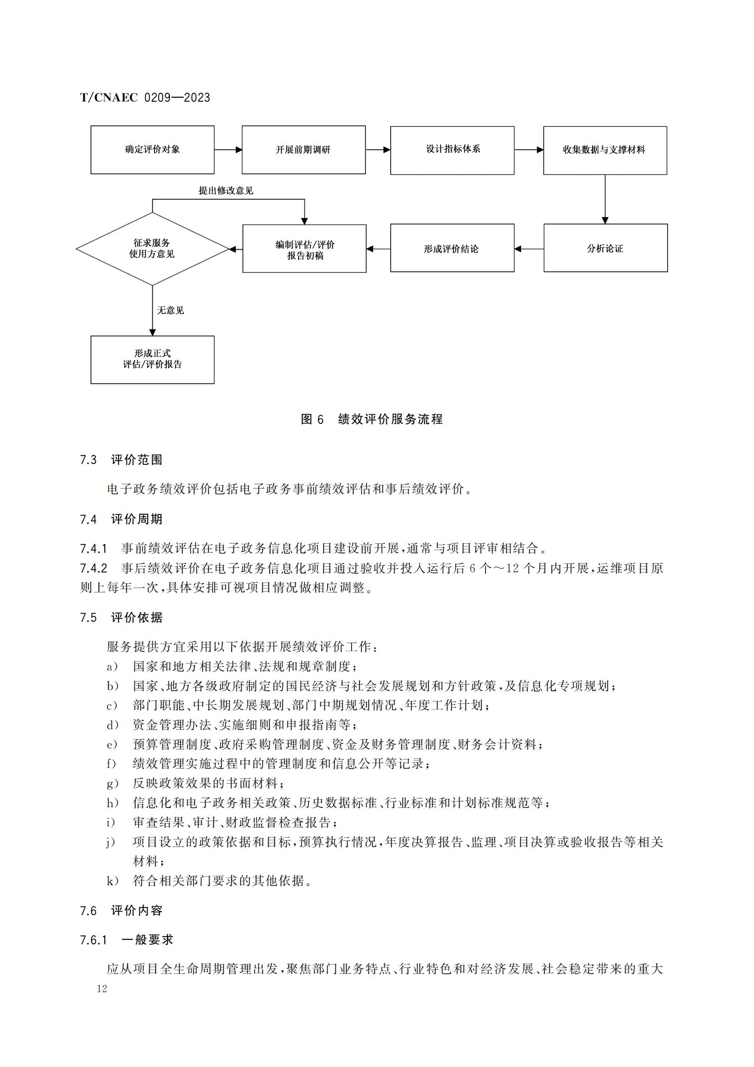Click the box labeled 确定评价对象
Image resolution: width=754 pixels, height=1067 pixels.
[x=152, y=150]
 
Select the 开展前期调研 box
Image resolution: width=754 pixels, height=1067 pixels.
[x=303, y=150]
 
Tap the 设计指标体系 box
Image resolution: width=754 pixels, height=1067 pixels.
[x=452, y=150]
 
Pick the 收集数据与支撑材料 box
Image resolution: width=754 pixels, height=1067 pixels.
[x=604, y=150]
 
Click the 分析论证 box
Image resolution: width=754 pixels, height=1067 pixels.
[x=605, y=248]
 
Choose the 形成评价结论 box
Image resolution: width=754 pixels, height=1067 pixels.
[x=452, y=248]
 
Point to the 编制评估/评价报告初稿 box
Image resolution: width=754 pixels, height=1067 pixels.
[x=304, y=249]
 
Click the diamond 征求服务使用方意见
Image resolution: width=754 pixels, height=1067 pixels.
[x=152, y=249]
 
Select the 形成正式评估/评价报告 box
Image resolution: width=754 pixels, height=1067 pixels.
[x=152, y=359]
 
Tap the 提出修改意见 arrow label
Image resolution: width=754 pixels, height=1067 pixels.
[x=226, y=191]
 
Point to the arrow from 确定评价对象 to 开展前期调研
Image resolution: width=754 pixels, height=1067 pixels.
[x=228, y=150]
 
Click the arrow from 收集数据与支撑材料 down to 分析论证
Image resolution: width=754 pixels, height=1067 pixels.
[x=604, y=199]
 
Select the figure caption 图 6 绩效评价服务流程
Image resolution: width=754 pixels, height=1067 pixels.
[x=372, y=419]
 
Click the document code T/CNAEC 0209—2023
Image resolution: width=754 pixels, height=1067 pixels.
[x=145, y=98]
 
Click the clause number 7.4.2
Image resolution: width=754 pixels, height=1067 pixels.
[x=93, y=568]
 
